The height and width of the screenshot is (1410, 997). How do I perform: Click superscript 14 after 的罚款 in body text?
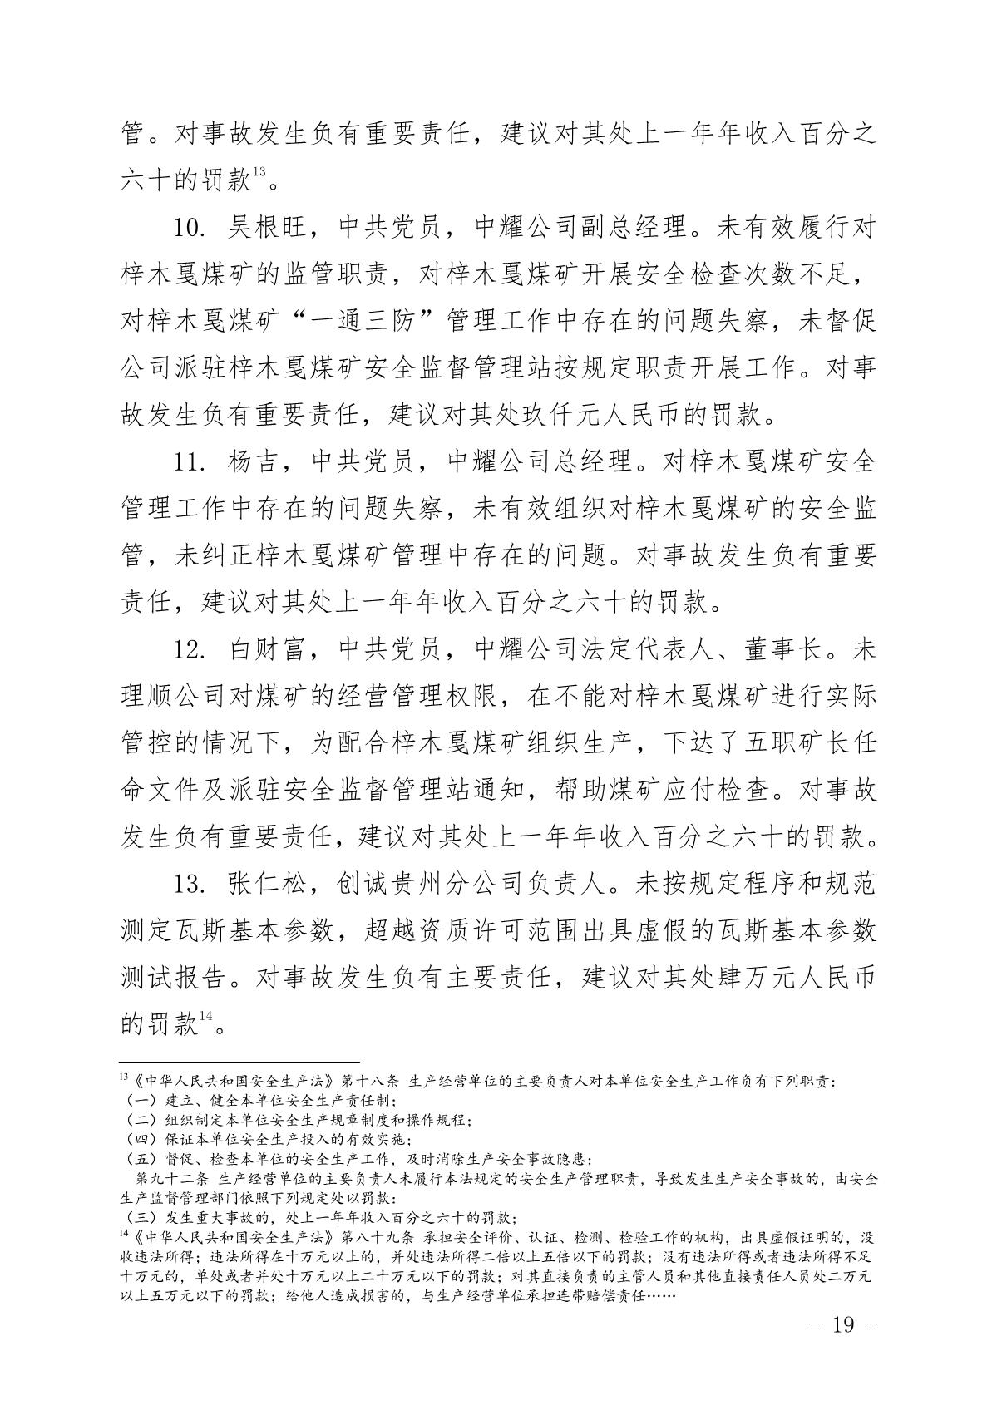(x=205, y=1016)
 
